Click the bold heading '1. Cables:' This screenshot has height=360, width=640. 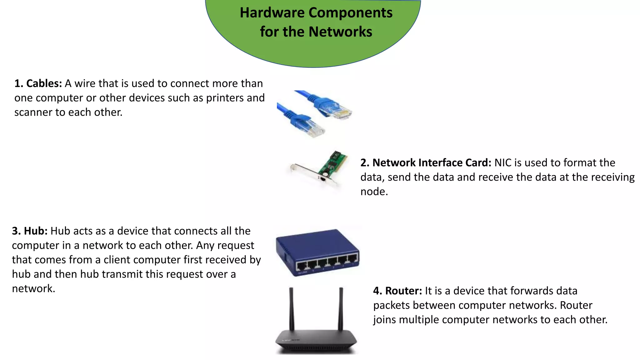(x=38, y=83)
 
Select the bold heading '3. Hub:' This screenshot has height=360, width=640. (x=30, y=231)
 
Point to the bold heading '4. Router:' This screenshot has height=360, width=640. (x=397, y=291)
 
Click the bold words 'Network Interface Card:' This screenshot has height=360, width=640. (x=432, y=163)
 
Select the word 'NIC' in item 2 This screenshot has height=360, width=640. (x=502, y=163)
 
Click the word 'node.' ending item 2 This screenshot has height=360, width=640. (x=374, y=192)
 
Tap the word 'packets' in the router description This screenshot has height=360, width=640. (x=392, y=305)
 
